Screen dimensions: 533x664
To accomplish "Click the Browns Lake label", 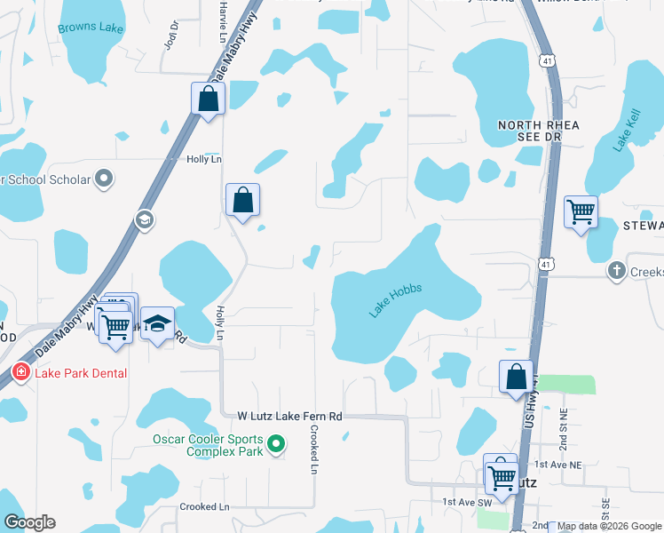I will [x=91, y=28].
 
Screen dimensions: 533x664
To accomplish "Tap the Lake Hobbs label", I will [x=395, y=300].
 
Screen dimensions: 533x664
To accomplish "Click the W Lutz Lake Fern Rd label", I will [x=289, y=416].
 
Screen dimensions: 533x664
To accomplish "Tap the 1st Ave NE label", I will [x=557, y=465].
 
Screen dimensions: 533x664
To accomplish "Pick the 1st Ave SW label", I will [x=468, y=502].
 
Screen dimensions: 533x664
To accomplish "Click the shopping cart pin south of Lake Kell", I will [x=581, y=211].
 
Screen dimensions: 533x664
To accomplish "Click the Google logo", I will [x=29, y=522].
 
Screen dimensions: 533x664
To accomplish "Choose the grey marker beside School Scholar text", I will [x=105, y=179].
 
